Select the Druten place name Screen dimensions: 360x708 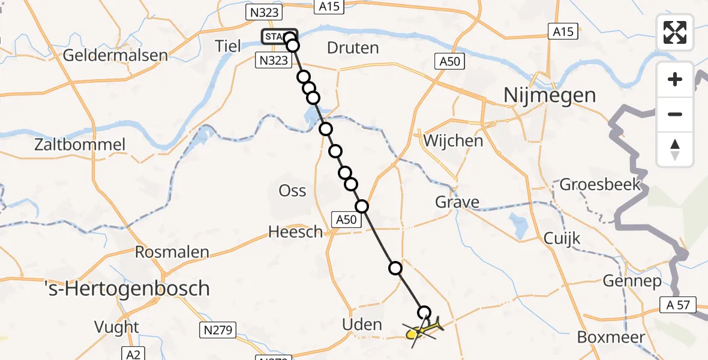pyautogui.click(x=353, y=47)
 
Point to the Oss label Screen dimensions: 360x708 pyautogui.click(x=292, y=191)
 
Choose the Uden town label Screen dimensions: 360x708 pyautogui.click(x=361, y=325)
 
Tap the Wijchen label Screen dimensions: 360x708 pyautogui.click(x=453, y=141)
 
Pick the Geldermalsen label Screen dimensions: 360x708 pyautogui.click(x=115, y=56)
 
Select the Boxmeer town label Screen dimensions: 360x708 pyautogui.click(x=611, y=337)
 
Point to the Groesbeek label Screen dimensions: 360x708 pyautogui.click(x=600, y=184)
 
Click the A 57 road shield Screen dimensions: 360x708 pyautogui.click(x=677, y=305)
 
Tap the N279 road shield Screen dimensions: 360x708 pyautogui.click(x=218, y=329)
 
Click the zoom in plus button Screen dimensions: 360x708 pyautogui.click(x=675, y=79)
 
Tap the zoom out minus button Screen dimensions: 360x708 pyautogui.click(x=675, y=114)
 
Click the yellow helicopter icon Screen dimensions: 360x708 pyautogui.click(x=424, y=329)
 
